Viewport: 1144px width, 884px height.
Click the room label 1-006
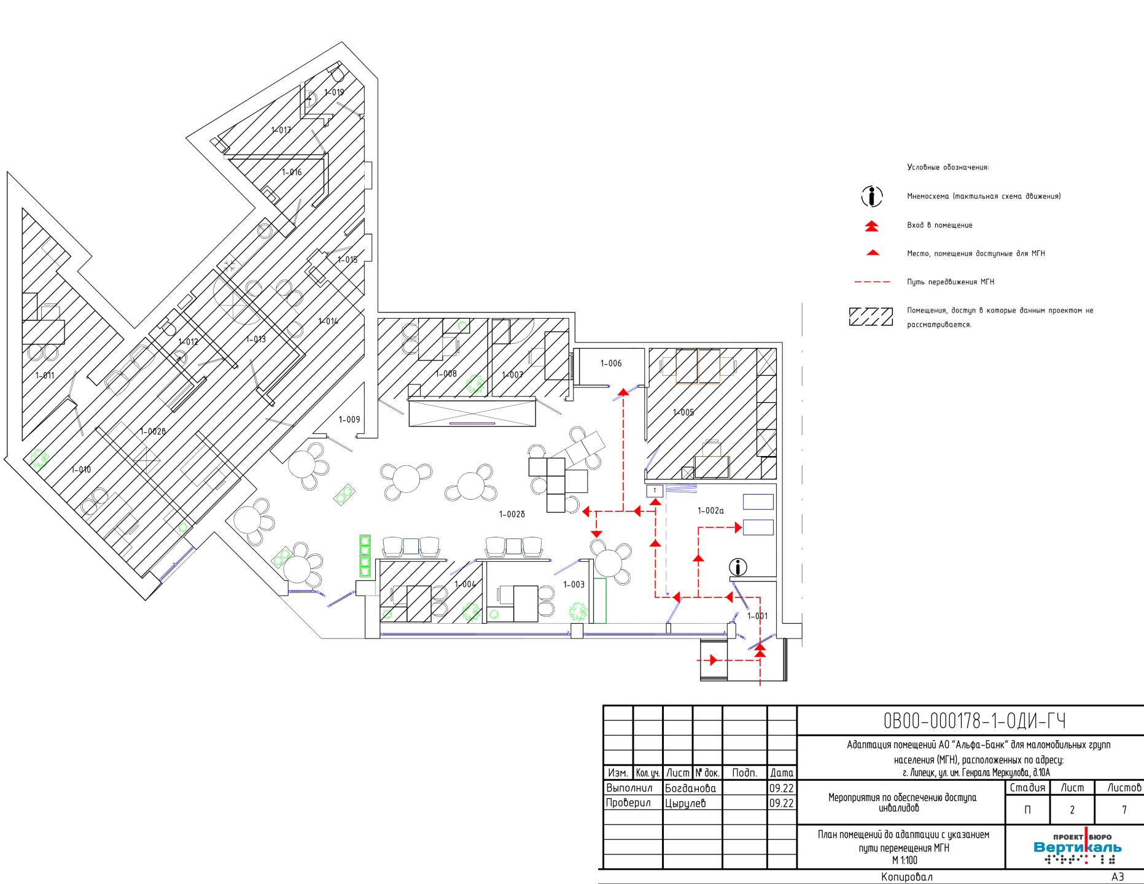click(611, 363)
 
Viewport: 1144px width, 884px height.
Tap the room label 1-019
click(334, 92)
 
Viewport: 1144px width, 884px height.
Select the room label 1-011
click(45, 375)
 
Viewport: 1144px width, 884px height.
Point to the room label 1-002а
click(711, 510)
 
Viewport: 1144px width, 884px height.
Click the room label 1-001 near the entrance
click(757, 616)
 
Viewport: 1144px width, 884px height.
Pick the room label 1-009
click(349, 420)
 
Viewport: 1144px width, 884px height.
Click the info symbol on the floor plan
click(738, 567)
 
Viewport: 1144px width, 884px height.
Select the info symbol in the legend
click(871, 196)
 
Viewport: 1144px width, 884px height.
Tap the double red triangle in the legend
click(871, 226)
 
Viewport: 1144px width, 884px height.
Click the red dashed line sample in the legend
click(872, 282)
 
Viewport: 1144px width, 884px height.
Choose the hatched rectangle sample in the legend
click(871, 317)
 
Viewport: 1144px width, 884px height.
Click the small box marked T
click(655, 490)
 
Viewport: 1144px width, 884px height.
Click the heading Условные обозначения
click(948, 167)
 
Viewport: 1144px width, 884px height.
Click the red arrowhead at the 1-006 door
click(624, 391)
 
